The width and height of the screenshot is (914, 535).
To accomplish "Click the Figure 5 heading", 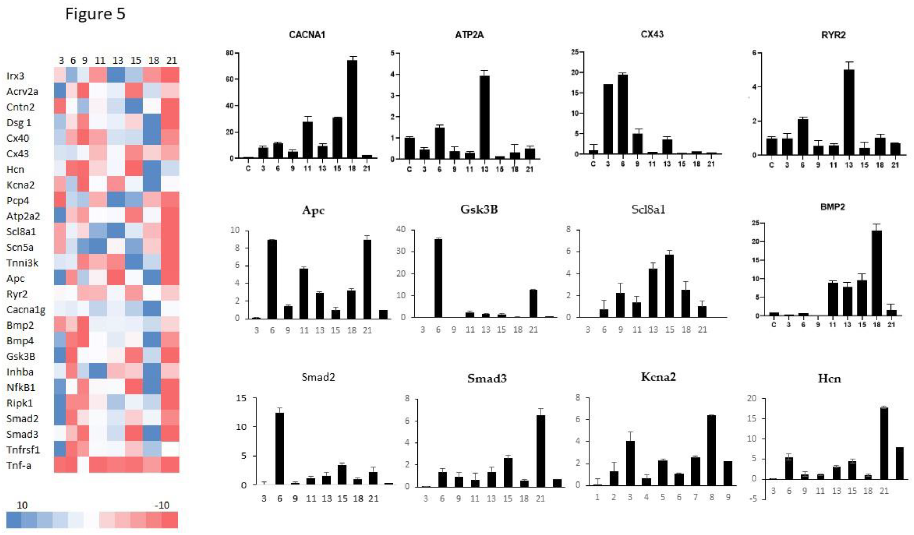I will [95, 14].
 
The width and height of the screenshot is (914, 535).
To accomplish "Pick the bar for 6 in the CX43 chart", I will [623, 114].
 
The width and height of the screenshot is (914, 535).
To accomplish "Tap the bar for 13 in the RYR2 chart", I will [849, 112].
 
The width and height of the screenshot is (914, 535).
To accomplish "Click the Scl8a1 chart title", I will [648, 209].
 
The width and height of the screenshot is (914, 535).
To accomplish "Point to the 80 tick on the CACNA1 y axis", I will [230, 53].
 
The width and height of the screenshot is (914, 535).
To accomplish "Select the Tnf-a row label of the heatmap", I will [19, 465].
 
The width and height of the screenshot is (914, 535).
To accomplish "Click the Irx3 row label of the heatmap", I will [15, 76].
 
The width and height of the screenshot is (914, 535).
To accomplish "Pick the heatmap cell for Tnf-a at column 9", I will [83, 465].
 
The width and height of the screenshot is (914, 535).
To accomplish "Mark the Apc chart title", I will [313, 211].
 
